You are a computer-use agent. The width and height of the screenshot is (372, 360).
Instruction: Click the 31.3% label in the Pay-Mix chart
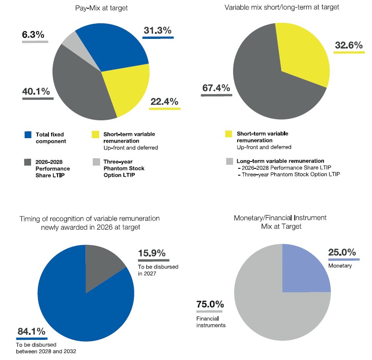158,31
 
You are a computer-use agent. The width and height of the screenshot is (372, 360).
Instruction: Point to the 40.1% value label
36,91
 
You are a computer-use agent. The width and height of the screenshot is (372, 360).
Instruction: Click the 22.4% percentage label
164,102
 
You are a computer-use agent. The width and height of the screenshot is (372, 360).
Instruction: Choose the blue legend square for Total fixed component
27,134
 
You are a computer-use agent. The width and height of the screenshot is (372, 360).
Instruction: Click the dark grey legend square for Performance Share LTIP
27,162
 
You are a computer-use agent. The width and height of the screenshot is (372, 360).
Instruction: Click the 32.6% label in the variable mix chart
349,45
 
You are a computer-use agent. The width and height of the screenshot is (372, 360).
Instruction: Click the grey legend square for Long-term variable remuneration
229,161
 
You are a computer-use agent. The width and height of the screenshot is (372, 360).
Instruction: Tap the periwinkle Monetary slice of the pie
304,270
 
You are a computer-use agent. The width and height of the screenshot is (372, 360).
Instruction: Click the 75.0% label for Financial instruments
210,304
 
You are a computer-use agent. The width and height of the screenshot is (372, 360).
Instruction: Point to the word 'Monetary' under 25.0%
340,266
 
